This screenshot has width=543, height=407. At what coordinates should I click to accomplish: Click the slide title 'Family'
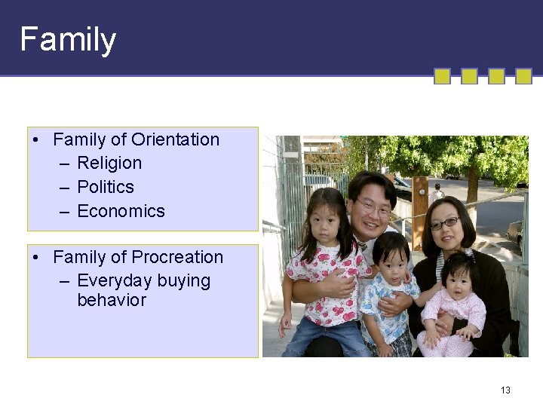click(x=68, y=39)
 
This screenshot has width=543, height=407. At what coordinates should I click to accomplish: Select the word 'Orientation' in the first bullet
click(x=175, y=139)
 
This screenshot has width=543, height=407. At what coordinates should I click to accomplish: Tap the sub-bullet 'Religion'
click(x=109, y=163)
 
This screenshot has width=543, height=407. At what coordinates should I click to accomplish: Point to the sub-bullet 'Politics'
click(x=106, y=187)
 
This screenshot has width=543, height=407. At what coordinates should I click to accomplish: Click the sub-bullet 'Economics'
click(x=121, y=211)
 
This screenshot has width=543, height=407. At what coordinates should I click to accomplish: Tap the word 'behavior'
click(x=112, y=300)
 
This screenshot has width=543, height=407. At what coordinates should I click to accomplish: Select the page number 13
click(x=505, y=390)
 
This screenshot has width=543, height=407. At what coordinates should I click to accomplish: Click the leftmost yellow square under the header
click(x=443, y=76)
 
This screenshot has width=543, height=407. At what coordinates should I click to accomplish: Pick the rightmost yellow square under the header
click(x=523, y=76)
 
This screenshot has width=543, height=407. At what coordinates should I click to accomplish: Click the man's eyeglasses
click(x=374, y=207)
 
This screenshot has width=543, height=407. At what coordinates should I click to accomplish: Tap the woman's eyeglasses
click(x=445, y=223)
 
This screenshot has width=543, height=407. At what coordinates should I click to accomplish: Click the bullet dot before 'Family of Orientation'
click(x=36, y=140)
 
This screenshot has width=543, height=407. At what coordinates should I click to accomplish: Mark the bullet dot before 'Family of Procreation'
click(x=36, y=258)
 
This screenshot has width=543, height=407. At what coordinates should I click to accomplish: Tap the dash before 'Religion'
click(x=64, y=164)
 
